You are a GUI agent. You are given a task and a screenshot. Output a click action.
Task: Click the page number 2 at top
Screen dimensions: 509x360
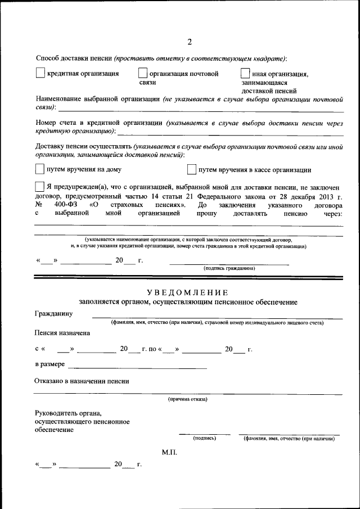tap(190, 42)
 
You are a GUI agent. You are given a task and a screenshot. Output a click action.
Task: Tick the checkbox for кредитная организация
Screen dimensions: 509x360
tap(40, 73)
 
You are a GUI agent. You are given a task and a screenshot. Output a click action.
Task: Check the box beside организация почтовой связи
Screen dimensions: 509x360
tap(143, 73)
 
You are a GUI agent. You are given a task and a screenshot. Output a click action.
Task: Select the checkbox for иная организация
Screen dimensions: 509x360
tap(245, 73)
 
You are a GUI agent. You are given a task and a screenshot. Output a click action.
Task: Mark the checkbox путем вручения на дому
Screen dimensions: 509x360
tap(39, 169)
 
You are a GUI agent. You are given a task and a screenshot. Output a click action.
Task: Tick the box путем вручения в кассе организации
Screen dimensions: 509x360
tap(191, 169)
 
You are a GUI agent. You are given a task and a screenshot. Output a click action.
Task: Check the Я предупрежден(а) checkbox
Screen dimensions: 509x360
tap(39, 187)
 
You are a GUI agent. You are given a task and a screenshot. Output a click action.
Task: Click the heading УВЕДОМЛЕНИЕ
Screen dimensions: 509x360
tap(187, 292)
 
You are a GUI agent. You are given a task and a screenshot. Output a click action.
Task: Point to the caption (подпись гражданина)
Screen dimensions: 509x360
tap(229, 268)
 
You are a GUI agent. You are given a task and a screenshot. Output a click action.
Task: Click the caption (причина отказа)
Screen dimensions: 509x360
tap(187, 399)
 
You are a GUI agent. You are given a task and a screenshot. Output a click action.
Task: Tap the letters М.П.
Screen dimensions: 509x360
tap(169, 452)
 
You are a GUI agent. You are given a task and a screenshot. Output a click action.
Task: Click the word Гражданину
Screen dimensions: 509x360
tap(53, 313)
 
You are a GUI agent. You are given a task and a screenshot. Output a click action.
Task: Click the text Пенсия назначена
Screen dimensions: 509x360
tap(62, 333)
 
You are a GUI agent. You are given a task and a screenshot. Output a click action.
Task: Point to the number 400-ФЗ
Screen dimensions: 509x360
tap(66, 205)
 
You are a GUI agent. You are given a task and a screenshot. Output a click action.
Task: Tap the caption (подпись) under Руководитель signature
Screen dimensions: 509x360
tap(204, 438)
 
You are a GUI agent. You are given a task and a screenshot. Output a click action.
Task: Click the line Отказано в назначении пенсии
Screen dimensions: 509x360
tap(82, 381)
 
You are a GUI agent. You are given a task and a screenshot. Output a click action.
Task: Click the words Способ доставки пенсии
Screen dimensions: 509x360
tap(73, 58)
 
